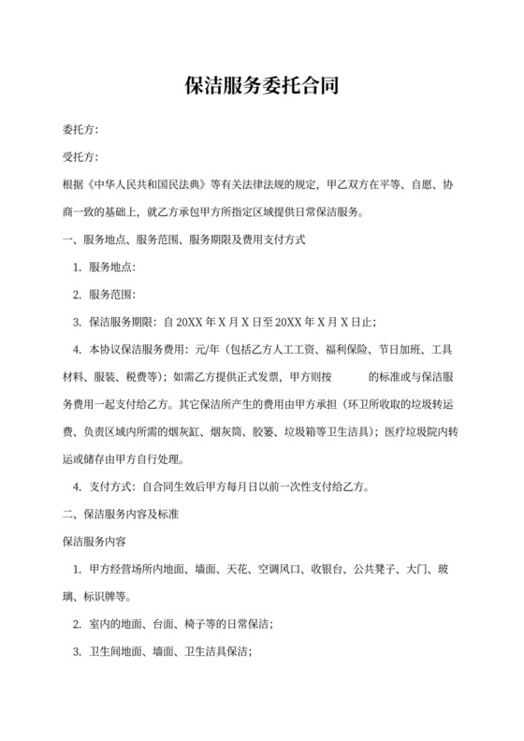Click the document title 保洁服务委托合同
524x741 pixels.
click(x=261, y=87)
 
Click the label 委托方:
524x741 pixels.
click(x=80, y=130)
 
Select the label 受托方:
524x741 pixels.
click(x=80, y=157)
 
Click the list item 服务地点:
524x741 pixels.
click(x=113, y=268)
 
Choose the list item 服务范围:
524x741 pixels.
click(x=113, y=295)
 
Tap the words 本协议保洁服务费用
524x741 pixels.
click(x=137, y=350)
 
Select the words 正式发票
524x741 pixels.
click(x=250, y=377)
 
